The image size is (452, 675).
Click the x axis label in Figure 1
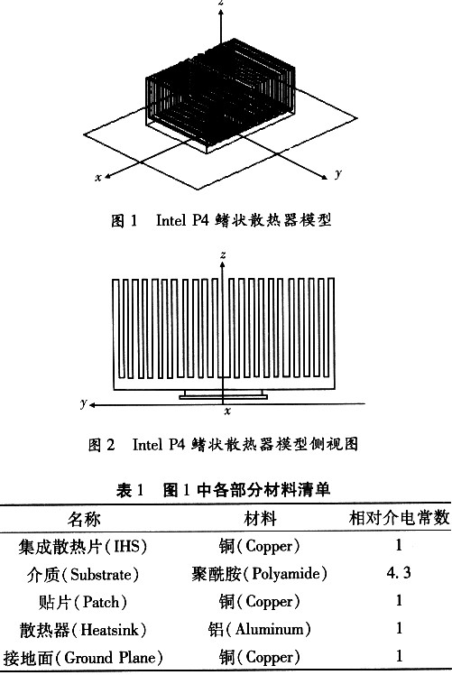click(98, 178)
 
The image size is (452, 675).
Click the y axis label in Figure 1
click(338, 173)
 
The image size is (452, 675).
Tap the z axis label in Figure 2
click(223, 254)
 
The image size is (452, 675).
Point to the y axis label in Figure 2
click(84, 403)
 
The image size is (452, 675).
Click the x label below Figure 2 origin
click(227, 411)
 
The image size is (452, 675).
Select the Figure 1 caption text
click(221, 220)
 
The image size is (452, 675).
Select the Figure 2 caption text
click(223, 444)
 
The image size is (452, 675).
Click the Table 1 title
click(223, 489)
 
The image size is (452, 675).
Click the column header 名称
click(84, 519)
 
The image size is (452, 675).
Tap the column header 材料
click(260, 518)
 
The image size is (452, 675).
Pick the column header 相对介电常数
click(399, 517)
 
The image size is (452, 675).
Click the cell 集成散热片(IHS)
click(83, 547)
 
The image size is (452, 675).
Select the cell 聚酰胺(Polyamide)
click(259, 574)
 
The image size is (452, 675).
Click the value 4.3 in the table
click(399, 572)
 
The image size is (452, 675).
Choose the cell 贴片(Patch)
click(83, 602)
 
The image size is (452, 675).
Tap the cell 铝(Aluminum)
click(259, 629)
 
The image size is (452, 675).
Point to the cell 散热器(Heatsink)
click(83, 630)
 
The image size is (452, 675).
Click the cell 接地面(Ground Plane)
click(83, 658)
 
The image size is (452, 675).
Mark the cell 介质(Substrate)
click(83, 574)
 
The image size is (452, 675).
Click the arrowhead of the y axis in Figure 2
click(92, 404)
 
